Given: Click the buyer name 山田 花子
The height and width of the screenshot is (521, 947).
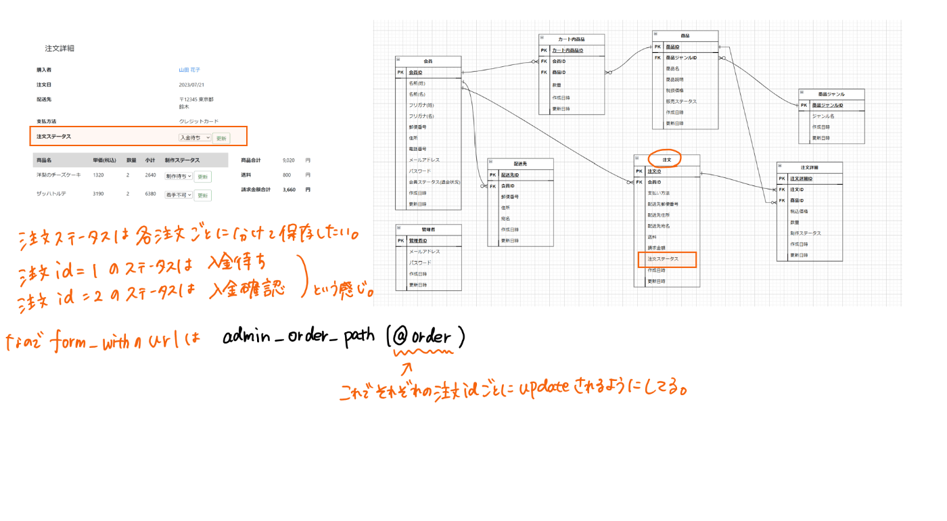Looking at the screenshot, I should (x=189, y=70).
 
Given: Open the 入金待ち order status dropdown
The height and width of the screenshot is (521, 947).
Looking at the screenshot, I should (x=195, y=137).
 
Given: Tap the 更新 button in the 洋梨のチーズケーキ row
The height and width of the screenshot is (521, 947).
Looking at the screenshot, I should (x=202, y=177).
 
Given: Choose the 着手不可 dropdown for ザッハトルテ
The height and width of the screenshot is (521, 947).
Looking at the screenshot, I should (x=179, y=195).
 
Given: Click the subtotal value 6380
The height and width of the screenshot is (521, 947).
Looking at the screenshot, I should (x=150, y=194).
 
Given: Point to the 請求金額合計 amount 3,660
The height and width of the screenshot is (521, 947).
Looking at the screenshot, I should (x=289, y=189).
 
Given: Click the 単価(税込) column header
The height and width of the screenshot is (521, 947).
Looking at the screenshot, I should (x=105, y=160).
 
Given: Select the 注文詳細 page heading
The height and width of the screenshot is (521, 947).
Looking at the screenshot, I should (x=60, y=48).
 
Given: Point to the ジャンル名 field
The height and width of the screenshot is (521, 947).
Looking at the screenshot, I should (x=823, y=116).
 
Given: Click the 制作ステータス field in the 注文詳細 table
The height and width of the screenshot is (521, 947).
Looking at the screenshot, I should (x=806, y=233).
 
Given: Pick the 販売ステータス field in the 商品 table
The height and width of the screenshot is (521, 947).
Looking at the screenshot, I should (x=681, y=101).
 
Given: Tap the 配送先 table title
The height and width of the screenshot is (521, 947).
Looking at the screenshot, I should (x=520, y=164).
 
